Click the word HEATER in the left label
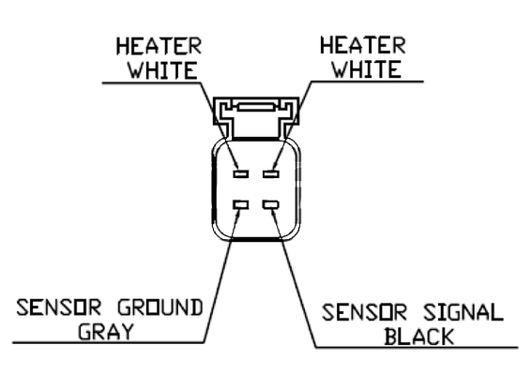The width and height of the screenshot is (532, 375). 159,47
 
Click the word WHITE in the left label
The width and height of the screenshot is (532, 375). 162,70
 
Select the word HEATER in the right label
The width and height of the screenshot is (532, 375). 363,45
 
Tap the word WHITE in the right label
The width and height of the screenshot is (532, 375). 367,68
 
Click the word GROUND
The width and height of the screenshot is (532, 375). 160,307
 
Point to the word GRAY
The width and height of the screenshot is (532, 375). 105,331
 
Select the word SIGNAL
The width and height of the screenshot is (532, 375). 464,312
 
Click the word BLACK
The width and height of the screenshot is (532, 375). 419,337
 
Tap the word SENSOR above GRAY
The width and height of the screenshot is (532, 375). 59,307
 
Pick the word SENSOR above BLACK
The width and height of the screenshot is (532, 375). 364,312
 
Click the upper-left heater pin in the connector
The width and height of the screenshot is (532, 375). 240,174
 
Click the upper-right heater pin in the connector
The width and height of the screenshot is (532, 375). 271,174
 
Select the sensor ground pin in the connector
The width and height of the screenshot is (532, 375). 240,204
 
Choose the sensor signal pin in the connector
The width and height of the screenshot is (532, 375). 271,204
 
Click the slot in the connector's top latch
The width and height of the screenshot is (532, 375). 256,107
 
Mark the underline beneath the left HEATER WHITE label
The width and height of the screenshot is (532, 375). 152,82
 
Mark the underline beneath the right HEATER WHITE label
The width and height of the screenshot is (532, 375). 367,82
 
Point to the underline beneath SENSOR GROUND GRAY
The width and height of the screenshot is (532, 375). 109,343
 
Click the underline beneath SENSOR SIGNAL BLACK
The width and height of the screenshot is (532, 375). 417,347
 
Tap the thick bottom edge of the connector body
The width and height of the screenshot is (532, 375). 256,239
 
